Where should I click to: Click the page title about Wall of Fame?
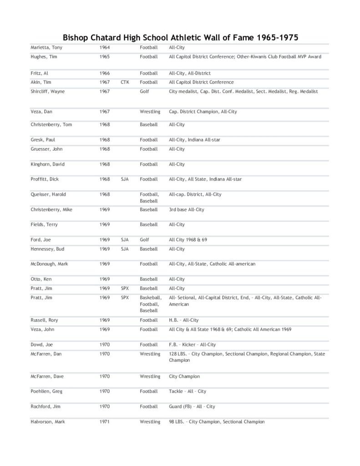tap(180, 37)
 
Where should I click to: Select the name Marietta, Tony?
tap(44, 47)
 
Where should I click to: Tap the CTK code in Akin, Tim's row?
tap(126, 82)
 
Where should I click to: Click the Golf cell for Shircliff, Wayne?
tap(144, 91)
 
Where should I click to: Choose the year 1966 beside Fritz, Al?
tap(105, 73)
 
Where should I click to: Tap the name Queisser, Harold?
tap(48, 194)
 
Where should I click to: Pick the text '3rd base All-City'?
tap(187, 210)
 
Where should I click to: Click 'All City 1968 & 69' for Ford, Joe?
tap(188, 240)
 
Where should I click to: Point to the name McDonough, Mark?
tap(49, 264)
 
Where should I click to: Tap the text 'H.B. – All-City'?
tap(184, 320)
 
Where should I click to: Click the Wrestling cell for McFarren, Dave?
tap(150, 377)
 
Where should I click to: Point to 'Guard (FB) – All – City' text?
tap(192, 406)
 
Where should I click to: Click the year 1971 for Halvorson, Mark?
tap(105, 422)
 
